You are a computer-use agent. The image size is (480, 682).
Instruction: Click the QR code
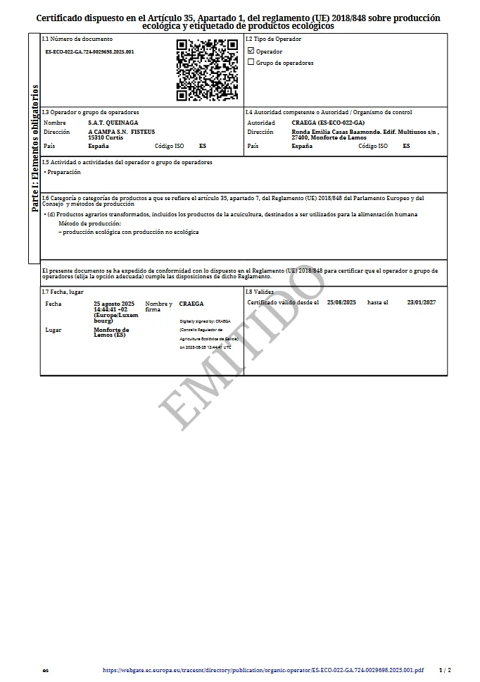click(206, 70)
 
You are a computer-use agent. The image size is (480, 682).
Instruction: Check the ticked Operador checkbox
click(251, 51)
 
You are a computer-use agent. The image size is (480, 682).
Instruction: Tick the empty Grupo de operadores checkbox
click(251, 62)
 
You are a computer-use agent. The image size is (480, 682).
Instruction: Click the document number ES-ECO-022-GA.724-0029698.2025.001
click(89, 52)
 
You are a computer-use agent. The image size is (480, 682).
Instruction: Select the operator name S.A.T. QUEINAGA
click(108, 123)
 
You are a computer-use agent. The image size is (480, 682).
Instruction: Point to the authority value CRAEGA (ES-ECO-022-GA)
click(327, 123)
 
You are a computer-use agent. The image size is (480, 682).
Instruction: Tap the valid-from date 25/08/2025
click(342, 302)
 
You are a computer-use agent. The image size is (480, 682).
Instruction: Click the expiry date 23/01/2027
click(422, 302)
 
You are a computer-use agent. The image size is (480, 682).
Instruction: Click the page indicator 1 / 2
click(445, 670)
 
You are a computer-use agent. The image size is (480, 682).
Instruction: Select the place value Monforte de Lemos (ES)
click(111, 332)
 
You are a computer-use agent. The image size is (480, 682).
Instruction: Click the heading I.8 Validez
click(260, 291)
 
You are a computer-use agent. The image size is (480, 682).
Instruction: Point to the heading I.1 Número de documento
click(77, 39)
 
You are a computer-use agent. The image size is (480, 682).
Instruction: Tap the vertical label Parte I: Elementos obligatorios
click(34, 148)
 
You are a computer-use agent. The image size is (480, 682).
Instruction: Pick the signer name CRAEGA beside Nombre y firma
click(191, 304)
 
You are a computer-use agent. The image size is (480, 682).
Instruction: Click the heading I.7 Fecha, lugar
click(63, 291)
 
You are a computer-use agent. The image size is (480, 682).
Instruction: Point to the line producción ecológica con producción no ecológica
click(130, 232)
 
